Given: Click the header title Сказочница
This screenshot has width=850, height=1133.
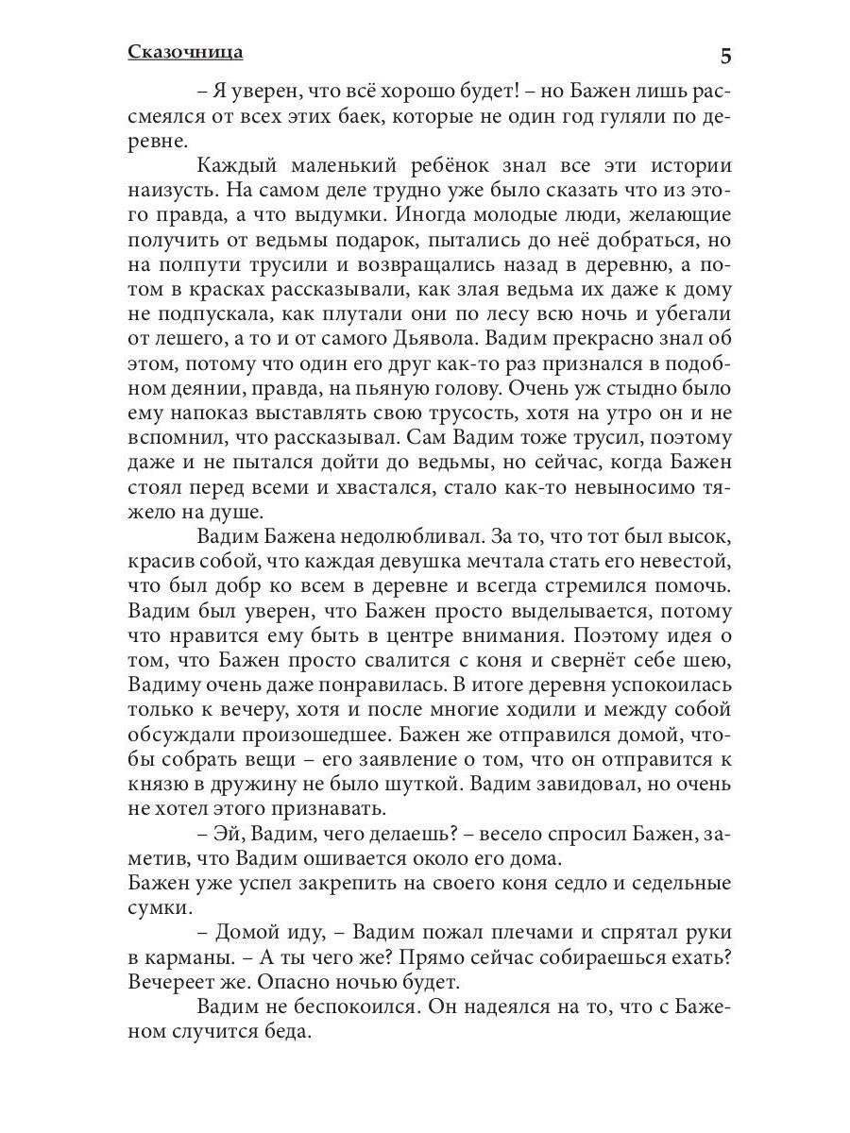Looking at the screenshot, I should [x=185, y=52].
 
